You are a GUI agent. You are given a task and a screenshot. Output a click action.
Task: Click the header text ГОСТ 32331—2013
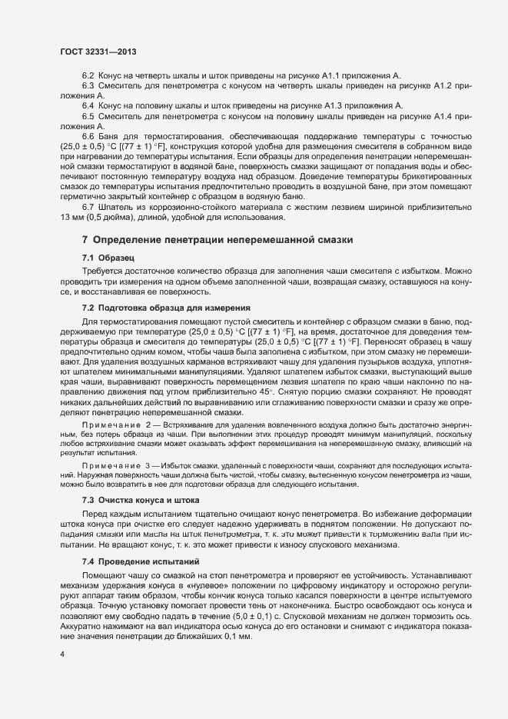[98, 51]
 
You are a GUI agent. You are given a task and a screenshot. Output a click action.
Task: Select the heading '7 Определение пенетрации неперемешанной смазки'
[217, 240]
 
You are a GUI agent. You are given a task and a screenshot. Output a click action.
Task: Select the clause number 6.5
[88, 115]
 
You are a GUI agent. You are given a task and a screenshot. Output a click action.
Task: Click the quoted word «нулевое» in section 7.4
[200, 585]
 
